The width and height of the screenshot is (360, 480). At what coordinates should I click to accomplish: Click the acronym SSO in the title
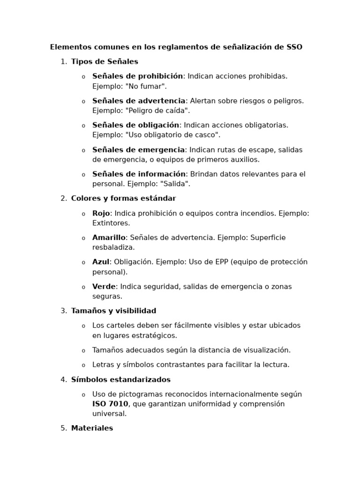[294, 47]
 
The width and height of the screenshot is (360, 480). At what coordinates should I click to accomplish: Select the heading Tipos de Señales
[105, 61]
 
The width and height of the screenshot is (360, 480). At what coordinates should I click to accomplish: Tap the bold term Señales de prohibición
[137, 76]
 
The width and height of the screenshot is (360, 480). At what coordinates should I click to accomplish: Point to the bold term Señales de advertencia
[139, 101]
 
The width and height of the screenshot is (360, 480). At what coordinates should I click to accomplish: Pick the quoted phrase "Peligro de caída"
[157, 111]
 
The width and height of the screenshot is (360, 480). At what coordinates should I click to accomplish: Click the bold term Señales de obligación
[135, 125]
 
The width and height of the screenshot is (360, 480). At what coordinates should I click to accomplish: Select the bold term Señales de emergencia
[138, 150]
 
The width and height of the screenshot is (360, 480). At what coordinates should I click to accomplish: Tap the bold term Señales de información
[139, 174]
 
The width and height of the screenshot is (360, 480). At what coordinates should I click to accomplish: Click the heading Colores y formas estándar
[123, 198]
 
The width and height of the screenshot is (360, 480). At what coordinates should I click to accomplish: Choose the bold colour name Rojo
[101, 213]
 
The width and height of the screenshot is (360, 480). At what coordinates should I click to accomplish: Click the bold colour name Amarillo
[109, 238]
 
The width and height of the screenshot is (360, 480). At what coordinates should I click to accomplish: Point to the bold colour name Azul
[100, 262]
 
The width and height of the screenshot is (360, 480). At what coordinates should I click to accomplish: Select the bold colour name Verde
[104, 286]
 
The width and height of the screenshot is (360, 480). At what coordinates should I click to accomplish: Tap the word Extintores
[111, 223]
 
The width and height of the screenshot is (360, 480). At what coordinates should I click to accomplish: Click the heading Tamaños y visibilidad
[113, 311]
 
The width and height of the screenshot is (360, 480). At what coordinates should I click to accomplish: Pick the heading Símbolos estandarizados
[120, 380]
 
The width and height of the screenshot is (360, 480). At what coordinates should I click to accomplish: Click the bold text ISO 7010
[110, 404]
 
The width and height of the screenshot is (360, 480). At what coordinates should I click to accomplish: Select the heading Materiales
[92, 428]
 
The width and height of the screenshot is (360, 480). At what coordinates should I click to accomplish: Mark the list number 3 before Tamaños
[63, 311]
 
